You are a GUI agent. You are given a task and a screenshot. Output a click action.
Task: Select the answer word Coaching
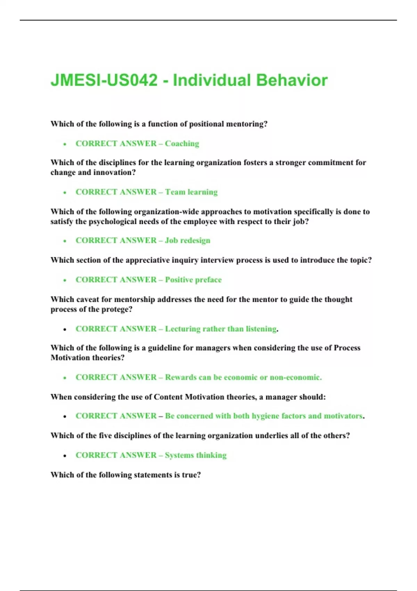[x=182, y=144]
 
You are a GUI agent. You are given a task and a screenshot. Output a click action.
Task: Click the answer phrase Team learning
[x=191, y=192]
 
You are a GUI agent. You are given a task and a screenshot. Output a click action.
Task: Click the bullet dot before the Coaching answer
[x=65, y=144]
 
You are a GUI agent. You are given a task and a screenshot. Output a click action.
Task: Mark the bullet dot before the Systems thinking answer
[x=65, y=456]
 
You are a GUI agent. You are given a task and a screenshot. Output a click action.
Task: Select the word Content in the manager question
[x=168, y=397]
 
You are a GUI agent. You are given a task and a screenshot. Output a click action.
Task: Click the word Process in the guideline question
[x=347, y=348]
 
